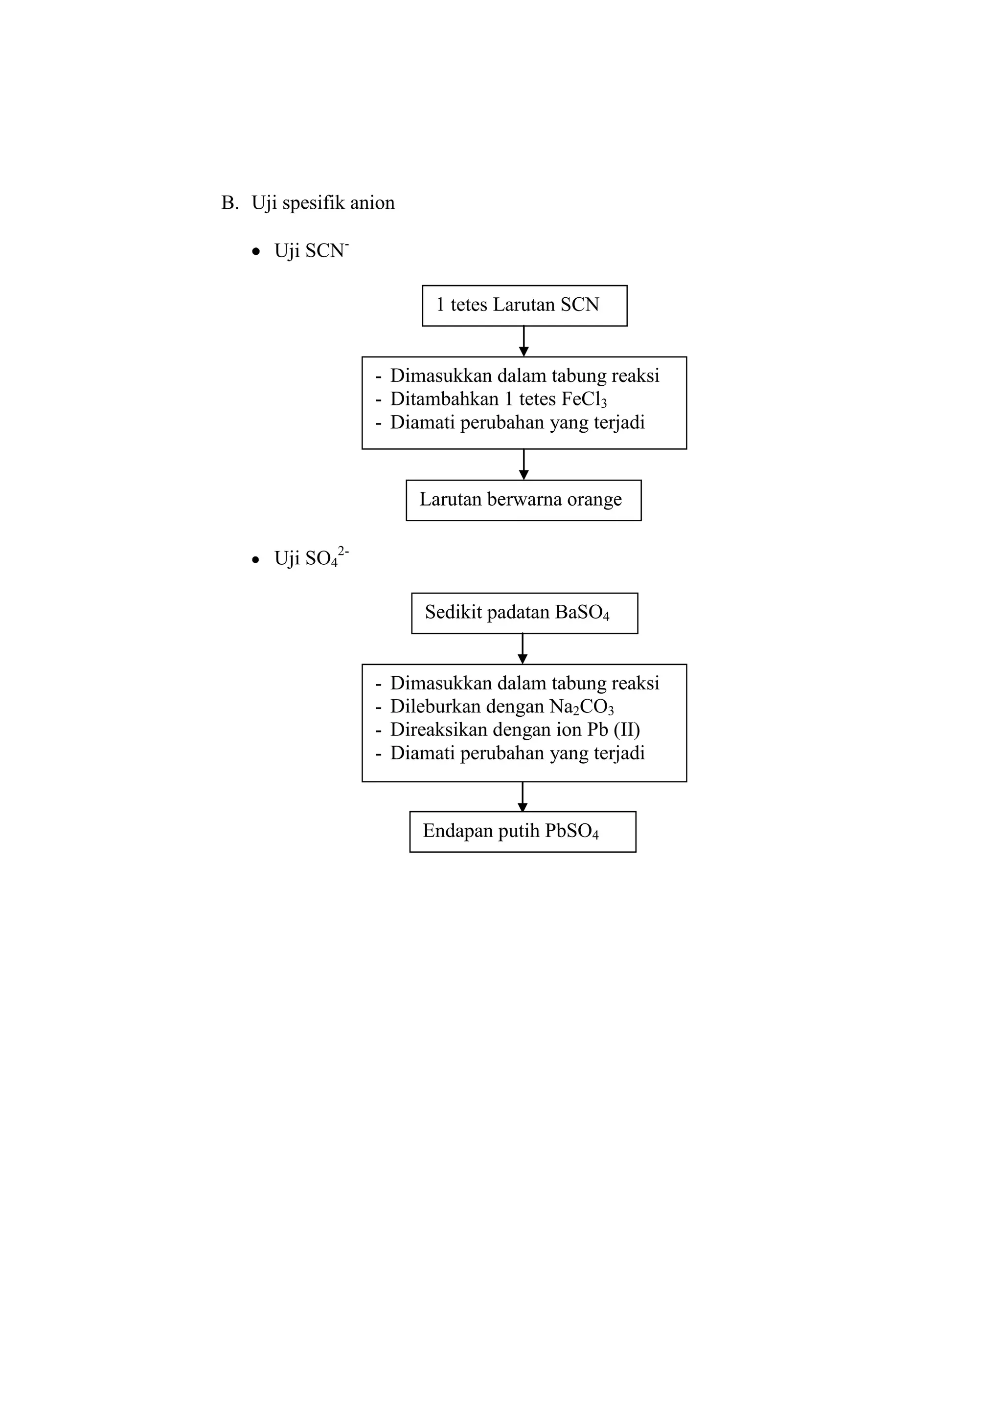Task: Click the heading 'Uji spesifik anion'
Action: (323, 203)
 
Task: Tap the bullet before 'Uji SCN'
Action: (256, 252)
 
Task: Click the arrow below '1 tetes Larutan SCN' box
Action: (524, 341)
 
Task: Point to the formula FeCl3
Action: (584, 399)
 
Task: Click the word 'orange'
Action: (594, 500)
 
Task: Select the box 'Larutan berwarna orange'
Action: (524, 500)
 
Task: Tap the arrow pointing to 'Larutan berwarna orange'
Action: (524, 465)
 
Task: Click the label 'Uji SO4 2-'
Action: (312, 557)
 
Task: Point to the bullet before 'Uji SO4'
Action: (256, 560)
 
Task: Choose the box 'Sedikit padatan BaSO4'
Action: (524, 613)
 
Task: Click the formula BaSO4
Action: (582, 613)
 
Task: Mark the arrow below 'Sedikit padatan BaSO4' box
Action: (523, 649)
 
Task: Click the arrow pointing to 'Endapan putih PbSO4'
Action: (523, 797)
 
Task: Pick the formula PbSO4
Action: (572, 831)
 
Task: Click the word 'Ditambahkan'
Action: (444, 399)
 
